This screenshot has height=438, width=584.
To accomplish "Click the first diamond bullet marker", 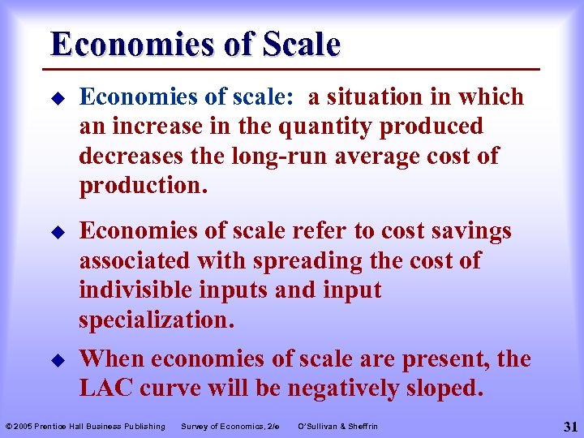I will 56,98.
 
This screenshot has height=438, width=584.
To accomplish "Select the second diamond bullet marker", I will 56,232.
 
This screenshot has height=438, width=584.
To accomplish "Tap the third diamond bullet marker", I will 56,359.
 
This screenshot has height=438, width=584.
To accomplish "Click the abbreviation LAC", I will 106,389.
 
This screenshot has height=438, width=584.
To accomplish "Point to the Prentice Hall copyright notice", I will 85,427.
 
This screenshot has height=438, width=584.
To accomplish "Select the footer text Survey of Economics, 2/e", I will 230,427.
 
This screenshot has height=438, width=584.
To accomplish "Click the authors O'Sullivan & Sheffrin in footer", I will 338,427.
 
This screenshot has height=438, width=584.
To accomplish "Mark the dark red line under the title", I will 295,68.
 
